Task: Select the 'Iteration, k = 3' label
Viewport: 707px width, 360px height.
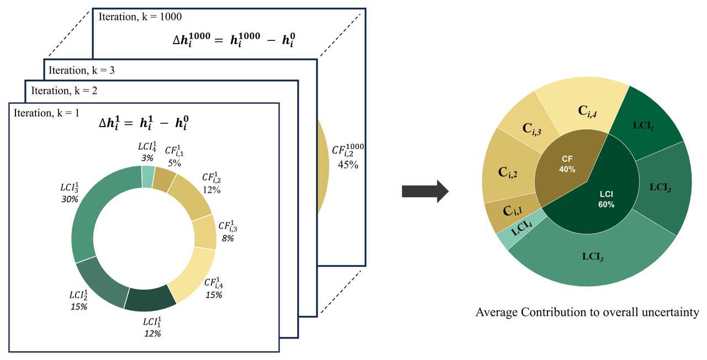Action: [x=81, y=70]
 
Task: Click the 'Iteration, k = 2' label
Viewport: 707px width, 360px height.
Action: [x=64, y=90]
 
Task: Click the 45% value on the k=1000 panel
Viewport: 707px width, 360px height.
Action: [x=349, y=165]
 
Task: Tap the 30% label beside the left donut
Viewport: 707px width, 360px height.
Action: [x=70, y=199]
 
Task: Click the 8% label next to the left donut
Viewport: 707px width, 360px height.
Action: [x=228, y=238]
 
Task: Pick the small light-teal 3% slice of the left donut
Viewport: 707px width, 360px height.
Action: [x=148, y=177]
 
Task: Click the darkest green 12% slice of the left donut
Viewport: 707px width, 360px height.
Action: [x=149, y=298]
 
